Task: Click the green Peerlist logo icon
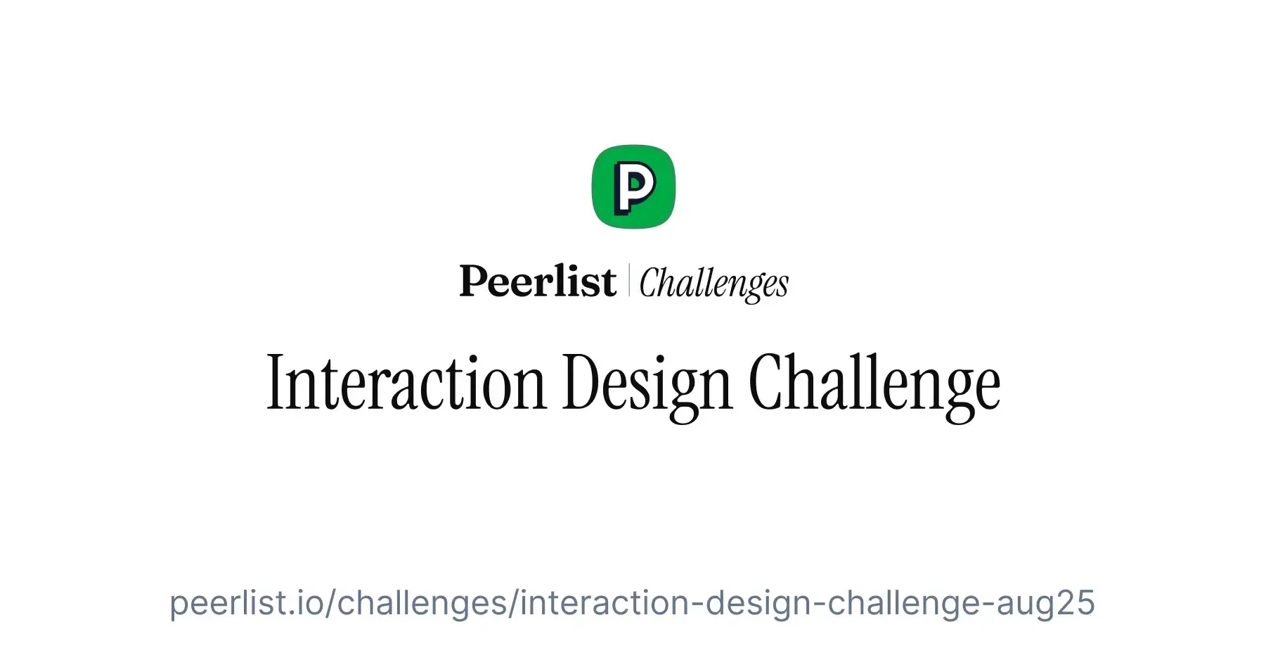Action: click(633, 187)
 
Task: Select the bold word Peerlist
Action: click(538, 281)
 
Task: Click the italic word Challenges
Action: click(713, 283)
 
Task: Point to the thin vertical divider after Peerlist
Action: click(628, 280)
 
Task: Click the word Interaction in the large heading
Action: click(406, 383)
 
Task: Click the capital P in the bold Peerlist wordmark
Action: click(474, 281)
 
